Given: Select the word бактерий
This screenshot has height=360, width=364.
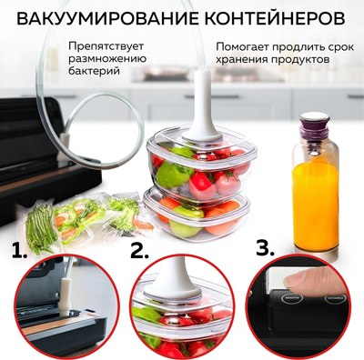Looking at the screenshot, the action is (x=94, y=71).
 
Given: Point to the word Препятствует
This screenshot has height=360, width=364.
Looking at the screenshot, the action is (x=106, y=47).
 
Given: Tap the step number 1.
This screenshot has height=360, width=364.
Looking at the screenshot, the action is (x=19, y=250).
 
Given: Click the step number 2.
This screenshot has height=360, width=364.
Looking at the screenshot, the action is (x=140, y=250).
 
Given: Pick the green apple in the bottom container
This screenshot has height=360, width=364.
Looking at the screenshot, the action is (x=185, y=222).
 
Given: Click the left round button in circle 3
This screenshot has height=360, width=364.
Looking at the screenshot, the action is (x=292, y=298).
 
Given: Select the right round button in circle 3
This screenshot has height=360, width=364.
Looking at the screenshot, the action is (x=335, y=298).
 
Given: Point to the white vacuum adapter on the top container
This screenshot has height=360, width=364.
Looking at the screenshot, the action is (x=203, y=112).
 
